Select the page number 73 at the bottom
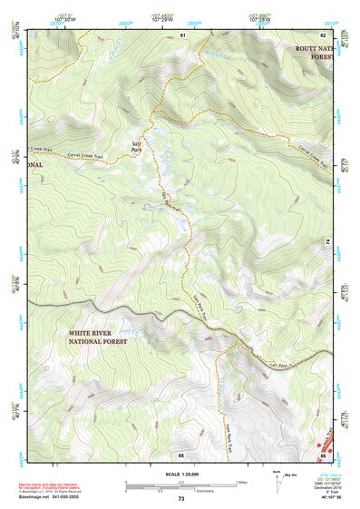coord(180,499)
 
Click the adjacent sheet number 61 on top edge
coord(181,34)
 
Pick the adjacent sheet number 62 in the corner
coord(334,34)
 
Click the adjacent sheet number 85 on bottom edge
coord(181,453)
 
